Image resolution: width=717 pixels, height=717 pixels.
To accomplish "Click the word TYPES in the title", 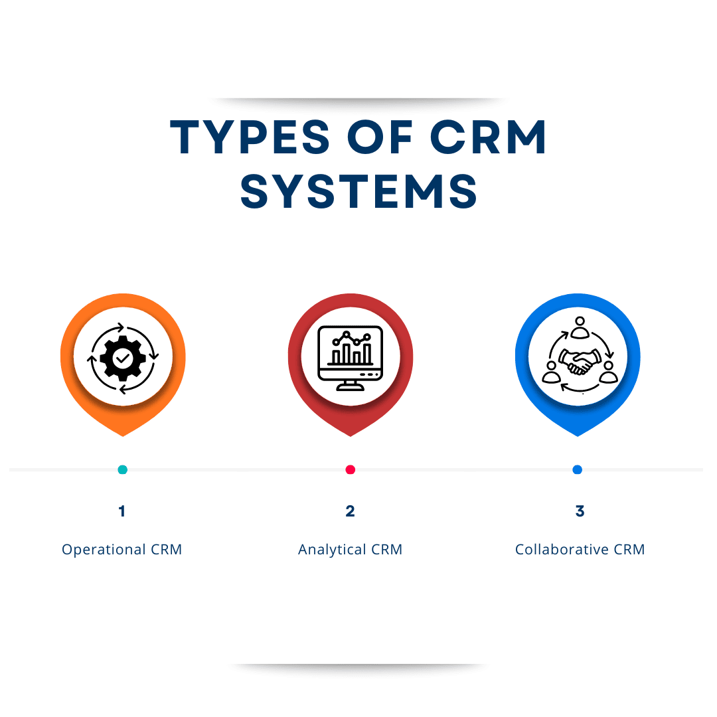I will [250, 138].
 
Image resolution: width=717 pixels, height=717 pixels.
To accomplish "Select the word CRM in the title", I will [488, 138].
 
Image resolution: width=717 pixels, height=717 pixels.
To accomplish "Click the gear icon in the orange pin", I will [123, 358].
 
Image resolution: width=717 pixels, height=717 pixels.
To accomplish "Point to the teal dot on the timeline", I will [122, 469].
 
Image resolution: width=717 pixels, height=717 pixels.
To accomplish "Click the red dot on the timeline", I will [351, 469].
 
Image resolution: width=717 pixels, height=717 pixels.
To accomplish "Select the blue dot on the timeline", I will [577, 469].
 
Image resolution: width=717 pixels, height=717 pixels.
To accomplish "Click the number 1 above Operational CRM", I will [121, 511].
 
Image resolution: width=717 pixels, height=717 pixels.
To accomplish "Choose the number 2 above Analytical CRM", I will [351, 511].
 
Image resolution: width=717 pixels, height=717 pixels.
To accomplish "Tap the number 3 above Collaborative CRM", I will [580, 511].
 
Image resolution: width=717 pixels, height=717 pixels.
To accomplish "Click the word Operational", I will [103, 550].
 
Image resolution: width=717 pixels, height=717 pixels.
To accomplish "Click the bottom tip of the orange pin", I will [123, 435].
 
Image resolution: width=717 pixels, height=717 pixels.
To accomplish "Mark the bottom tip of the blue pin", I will [578, 435].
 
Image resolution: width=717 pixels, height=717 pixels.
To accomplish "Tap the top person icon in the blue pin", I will [580, 327].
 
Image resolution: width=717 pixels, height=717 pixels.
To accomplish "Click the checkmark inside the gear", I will [123, 358].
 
